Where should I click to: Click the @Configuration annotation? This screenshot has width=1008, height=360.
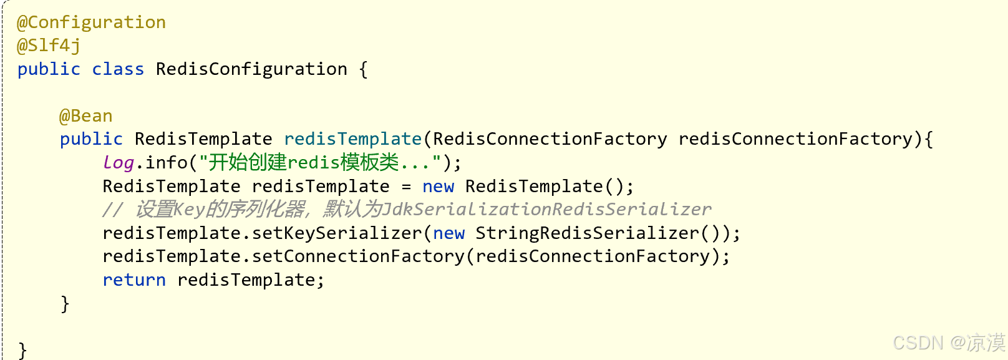[91, 22]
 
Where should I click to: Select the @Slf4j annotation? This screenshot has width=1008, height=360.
[49, 46]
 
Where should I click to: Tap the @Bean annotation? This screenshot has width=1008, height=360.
[86, 116]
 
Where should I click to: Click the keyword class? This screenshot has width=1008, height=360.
[118, 69]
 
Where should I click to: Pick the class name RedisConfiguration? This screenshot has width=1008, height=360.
[251, 69]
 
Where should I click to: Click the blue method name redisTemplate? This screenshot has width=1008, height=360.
[353, 139]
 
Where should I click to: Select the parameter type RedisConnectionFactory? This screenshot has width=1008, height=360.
[550, 139]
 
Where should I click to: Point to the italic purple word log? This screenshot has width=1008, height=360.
[119, 163]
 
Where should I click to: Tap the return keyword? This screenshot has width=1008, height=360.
[134, 280]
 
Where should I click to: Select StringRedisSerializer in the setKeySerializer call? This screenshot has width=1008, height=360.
[587, 233]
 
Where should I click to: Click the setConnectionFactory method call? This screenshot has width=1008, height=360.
[358, 256]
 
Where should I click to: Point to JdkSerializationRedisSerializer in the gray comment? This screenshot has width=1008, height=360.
[546, 210]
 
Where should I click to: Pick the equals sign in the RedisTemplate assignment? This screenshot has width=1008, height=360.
[406, 187]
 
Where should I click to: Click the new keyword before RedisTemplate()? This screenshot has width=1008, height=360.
[438, 187]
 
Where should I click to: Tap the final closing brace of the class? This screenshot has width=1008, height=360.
[22, 350]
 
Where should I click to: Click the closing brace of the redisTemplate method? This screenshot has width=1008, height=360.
[65, 304]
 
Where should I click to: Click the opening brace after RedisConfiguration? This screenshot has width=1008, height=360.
[363, 69]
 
